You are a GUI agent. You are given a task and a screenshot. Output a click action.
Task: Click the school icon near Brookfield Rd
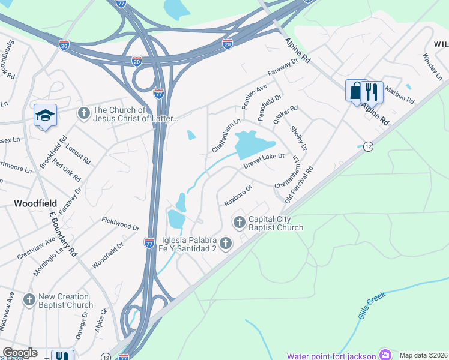click(45, 115)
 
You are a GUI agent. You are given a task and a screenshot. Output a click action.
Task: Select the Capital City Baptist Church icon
click(240, 223)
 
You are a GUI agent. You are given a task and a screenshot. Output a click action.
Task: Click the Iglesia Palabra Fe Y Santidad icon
click(226, 243)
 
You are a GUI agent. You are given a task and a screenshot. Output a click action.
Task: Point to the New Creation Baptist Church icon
click(29, 299)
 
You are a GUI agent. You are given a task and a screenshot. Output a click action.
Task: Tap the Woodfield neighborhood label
click(36, 203)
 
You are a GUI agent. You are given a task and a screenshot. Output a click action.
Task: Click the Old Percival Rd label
click(300, 184)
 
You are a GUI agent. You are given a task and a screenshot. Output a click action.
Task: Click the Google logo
click(20, 353)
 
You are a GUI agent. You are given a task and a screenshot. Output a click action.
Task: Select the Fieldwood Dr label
click(121, 223)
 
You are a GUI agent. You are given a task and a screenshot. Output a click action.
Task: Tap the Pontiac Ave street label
click(254, 96)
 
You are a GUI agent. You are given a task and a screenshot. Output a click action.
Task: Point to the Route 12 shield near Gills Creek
click(368, 146)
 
